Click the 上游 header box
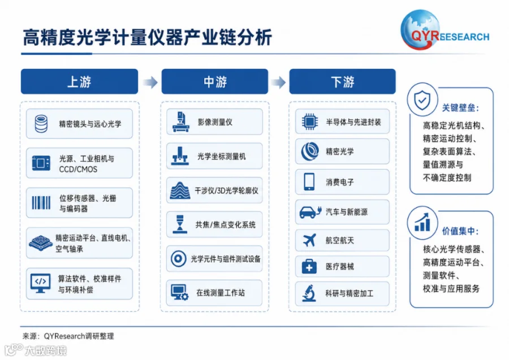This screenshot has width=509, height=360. pyautogui.click(x=80, y=81)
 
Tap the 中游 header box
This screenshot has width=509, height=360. pyautogui.click(x=215, y=81)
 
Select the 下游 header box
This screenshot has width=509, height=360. pyautogui.click(x=343, y=81)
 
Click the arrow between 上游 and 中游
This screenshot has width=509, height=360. pyautogui.click(x=150, y=82)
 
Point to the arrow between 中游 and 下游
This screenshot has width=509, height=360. pyautogui.click(x=278, y=82)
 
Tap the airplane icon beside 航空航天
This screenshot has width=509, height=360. pyautogui.click(x=309, y=240)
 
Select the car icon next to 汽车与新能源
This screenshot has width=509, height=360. pyautogui.click(x=310, y=212)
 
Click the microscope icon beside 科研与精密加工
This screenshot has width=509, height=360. pyautogui.click(x=309, y=293)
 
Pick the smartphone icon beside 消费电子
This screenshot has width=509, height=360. pyautogui.click(x=309, y=181)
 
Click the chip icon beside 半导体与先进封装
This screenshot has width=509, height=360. pyautogui.click(x=310, y=122)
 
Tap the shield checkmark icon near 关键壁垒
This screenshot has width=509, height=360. pyautogui.click(x=422, y=100)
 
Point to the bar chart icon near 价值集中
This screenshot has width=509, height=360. pyautogui.click(x=422, y=222)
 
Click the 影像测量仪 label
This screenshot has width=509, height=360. pyautogui.click(x=215, y=122)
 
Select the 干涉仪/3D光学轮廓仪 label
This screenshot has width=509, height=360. pyautogui.click(x=226, y=190)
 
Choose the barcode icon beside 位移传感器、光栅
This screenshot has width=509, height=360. pyautogui.click(x=41, y=203)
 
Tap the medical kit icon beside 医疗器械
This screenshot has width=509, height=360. pyautogui.click(x=309, y=267)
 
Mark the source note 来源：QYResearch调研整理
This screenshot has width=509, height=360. pyautogui.click(x=68, y=336)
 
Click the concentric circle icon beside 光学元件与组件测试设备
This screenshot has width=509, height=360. pyautogui.click(x=178, y=259)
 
